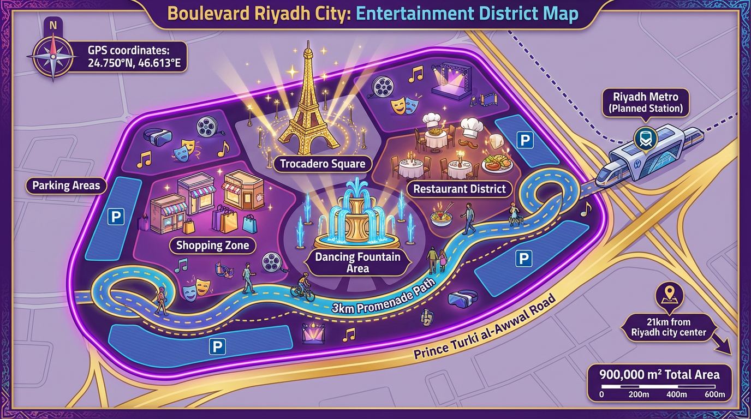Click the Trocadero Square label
321,163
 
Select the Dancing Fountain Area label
357,262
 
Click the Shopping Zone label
212,246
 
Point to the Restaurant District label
460,189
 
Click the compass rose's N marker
53,25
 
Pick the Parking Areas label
66,185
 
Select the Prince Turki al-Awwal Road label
485,327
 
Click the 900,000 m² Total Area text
659,375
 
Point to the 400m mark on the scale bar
677,394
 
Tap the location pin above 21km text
669,295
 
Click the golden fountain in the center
357,218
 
